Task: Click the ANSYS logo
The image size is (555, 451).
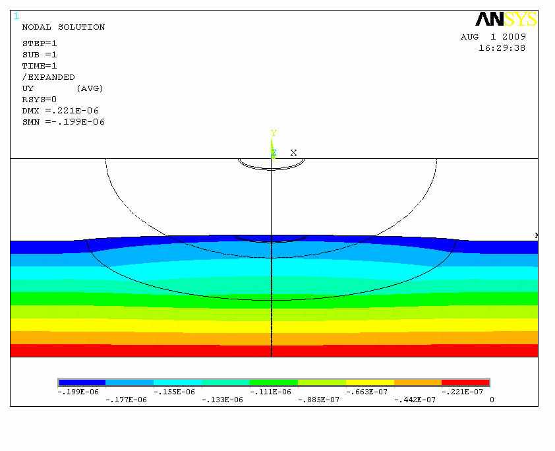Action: click(506, 19)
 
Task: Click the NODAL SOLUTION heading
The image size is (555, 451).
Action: click(63, 27)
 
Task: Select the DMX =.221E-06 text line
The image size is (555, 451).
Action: click(60, 111)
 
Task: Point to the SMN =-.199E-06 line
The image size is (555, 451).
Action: click(63, 122)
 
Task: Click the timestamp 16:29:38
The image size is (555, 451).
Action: click(502, 48)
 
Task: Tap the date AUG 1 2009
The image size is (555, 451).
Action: click(493, 37)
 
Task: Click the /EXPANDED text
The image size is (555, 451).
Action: click(49, 77)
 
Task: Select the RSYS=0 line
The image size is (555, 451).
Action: click(40, 100)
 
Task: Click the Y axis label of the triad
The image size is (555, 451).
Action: click(273, 133)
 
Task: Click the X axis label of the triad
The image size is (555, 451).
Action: click(294, 152)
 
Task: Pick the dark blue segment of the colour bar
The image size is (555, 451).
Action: click(82, 382)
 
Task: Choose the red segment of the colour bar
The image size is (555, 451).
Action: click(465, 382)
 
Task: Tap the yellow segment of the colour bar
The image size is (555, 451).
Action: click(370, 382)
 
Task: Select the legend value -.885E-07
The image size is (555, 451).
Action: click(320, 400)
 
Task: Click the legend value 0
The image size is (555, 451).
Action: click(492, 400)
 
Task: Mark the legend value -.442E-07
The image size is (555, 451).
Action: click(416, 400)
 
